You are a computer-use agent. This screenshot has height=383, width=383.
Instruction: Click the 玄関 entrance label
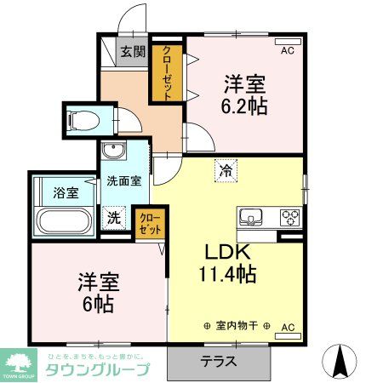[133, 52]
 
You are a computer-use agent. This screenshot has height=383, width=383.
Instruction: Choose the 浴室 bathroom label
[66, 192]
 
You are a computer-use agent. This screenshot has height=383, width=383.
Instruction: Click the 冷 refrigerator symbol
[226, 169]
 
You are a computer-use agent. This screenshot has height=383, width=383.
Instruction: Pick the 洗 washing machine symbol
[113, 218]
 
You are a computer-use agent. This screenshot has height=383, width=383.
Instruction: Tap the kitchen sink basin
[253, 216]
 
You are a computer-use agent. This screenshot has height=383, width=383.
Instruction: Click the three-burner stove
[289, 216]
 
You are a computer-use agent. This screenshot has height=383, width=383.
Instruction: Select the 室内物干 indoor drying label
[237, 326]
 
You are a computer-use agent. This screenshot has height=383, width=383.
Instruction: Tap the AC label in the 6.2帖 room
[287, 51]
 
